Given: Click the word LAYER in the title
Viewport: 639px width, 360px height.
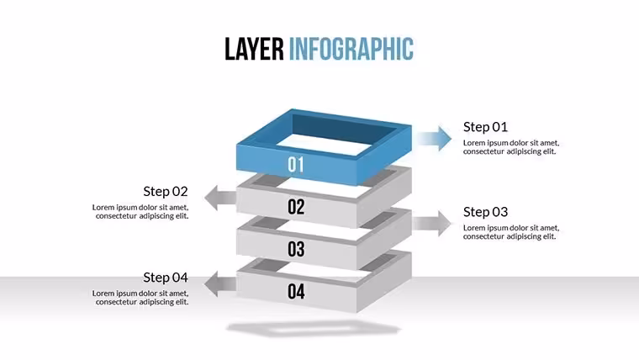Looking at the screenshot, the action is [x=254, y=49].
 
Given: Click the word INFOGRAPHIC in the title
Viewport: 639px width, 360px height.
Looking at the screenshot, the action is [x=351, y=49].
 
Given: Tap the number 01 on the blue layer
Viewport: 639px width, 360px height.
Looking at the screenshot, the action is [x=296, y=165].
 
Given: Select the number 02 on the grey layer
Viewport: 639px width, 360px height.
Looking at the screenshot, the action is [x=296, y=207].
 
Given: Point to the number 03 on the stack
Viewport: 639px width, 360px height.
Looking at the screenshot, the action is [x=296, y=249].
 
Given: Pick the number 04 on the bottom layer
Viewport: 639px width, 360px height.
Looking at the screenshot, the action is [x=296, y=292].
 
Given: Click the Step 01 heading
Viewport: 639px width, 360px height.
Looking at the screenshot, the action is [x=485, y=127].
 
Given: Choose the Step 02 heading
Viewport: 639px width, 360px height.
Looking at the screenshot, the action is [x=166, y=191].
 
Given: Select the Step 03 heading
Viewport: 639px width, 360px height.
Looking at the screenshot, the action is [x=485, y=212].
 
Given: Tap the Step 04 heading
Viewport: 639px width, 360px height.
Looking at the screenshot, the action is [x=166, y=278].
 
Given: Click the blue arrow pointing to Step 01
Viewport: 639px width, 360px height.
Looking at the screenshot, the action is [x=435, y=139].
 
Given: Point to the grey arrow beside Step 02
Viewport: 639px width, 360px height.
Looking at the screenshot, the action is [x=220, y=199].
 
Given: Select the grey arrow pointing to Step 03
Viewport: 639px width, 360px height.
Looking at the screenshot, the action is [x=432, y=224].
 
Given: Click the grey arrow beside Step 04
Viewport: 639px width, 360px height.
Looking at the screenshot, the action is [x=220, y=283].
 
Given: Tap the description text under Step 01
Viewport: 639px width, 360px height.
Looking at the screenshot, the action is [x=511, y=147].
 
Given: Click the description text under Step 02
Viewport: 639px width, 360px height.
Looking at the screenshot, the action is [x=140, y=212].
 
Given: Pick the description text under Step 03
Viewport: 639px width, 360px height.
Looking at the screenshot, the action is [x=511, y=232].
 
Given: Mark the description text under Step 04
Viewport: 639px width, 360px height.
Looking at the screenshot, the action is [x=140, y=298].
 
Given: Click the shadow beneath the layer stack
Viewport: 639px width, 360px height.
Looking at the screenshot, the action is [x=314, y=329].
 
